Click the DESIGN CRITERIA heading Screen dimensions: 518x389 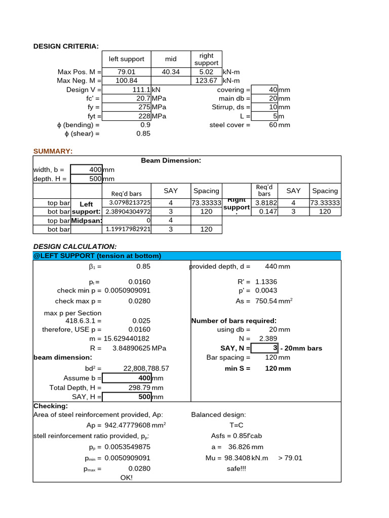[66, 46]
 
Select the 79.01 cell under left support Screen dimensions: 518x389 [127, 72]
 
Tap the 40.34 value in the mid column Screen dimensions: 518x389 [171, 72]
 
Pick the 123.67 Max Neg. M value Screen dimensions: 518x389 [206, 80]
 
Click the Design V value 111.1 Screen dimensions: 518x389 [142, 90]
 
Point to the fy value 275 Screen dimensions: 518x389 [145, 107]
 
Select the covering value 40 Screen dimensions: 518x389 [273, 90]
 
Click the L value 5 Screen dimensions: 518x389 [275, 116]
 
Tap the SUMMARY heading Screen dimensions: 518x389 [53, 151]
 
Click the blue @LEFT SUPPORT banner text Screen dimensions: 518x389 [97, 255]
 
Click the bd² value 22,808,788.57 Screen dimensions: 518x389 [146, 368]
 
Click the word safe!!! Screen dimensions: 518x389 [236, 468]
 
